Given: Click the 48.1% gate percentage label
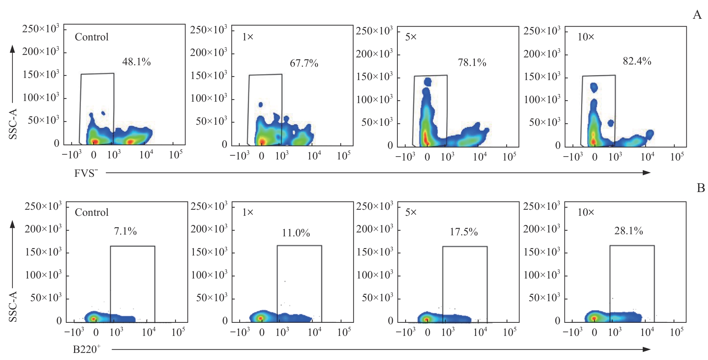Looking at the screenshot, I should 136,62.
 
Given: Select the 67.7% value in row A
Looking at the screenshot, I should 304,63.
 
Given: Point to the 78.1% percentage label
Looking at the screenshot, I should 472,63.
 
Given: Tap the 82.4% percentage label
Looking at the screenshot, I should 637,61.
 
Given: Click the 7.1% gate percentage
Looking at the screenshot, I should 125,231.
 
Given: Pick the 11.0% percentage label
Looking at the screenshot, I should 296,233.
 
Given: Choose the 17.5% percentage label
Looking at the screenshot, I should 464,232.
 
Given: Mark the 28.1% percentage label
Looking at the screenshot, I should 628,231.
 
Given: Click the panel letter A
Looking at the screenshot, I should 697,15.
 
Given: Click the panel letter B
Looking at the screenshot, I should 701,188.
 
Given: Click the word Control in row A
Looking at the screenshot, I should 91,37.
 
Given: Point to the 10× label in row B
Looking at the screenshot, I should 586,212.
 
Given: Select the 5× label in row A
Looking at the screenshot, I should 411,37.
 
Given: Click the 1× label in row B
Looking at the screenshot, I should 247,212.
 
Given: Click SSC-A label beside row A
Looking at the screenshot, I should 13,124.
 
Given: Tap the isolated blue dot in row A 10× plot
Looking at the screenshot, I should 611,123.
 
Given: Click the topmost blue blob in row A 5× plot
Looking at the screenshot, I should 428,82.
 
